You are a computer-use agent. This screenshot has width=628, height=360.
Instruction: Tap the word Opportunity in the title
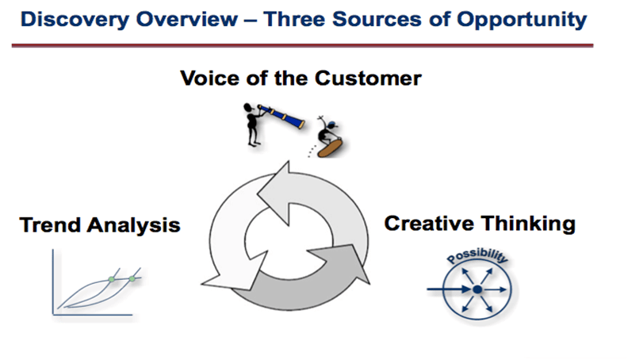[522, 20]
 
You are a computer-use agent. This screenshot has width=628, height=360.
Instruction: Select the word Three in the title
[293, 19]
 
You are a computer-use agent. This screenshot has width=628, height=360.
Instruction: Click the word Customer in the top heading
[368, 78]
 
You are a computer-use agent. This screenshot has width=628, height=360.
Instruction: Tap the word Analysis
[134, 226]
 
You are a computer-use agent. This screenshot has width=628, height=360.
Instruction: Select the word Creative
[429, 224]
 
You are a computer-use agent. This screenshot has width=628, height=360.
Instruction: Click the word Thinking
[528, 224]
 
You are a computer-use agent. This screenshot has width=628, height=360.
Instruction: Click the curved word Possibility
[477, 255]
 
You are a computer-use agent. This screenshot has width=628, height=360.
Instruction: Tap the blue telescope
[281, 116]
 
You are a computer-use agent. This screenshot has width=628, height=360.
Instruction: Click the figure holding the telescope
[251, 124]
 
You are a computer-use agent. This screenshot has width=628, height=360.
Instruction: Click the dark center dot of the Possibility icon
[477, 289]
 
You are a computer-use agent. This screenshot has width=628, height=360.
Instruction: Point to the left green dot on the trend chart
[112, 279]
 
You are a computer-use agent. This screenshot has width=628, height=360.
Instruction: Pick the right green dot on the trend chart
[132, 278]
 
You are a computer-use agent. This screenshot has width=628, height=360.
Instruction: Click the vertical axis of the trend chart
[53, 282]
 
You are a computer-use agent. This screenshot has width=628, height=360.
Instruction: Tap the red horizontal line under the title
[302, 46]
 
